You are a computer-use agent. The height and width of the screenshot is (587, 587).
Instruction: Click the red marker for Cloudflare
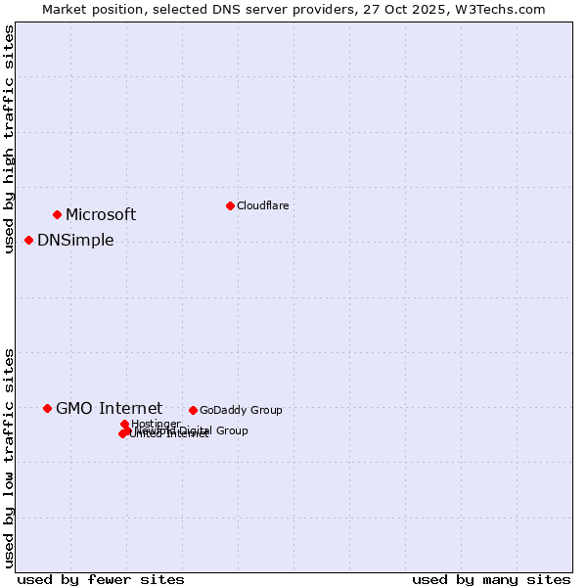click(230, 205)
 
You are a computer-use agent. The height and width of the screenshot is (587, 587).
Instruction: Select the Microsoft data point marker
click(57, 214)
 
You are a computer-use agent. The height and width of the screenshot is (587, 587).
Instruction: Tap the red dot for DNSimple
click(28, 240)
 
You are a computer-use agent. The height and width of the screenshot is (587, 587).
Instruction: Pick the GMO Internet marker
click(47, 408)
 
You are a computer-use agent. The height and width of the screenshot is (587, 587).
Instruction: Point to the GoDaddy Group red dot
click(193, 410)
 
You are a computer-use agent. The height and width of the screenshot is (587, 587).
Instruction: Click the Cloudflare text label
click(262, 205)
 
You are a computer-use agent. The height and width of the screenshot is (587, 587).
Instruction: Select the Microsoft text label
click(101, 215)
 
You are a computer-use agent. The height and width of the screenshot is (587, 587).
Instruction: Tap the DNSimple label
click(75, 241)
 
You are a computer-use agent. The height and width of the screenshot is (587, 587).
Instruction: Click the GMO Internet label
click(109, 409)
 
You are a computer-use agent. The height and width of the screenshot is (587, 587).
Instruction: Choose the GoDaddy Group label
click(241, 410)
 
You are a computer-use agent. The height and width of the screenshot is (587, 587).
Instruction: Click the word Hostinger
click(156, 424)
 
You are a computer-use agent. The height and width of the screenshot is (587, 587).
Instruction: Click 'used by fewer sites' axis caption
click(101, 579)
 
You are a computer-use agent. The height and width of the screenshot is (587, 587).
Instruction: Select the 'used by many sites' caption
click(491, 579)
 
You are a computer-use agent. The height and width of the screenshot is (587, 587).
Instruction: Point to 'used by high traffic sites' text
click(9, 139)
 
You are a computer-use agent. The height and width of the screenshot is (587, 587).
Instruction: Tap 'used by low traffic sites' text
click(9, 457)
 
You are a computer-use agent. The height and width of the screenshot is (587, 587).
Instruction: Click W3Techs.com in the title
click(505, 9)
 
